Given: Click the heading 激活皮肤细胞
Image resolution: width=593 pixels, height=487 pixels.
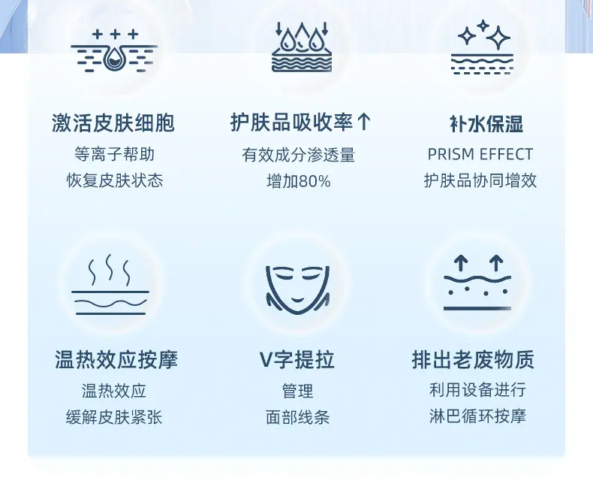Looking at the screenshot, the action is click(113, 123).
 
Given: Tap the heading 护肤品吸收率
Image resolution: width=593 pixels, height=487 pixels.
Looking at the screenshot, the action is click(292, 123).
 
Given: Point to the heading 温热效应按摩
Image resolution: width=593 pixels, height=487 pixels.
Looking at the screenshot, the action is click(116, 360).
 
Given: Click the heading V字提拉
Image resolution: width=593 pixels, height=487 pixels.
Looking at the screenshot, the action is click(297, 360).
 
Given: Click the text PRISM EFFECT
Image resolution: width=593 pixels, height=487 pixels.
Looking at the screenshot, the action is click(480, 155).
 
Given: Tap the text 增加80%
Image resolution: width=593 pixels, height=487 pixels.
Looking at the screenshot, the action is click(298, 182).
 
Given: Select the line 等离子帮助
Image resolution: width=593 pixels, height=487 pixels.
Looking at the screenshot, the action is click(114, 154).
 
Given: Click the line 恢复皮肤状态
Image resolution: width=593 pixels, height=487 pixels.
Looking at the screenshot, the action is click(114, 181).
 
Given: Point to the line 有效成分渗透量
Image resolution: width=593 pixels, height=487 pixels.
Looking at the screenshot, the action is click(298, 155).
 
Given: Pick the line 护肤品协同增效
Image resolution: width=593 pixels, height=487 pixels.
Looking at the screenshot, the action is click(480, 181).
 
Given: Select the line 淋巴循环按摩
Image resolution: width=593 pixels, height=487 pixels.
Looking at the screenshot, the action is click(477, 417).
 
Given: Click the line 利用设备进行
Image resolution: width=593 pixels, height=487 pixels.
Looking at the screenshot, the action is click(477, 390).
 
